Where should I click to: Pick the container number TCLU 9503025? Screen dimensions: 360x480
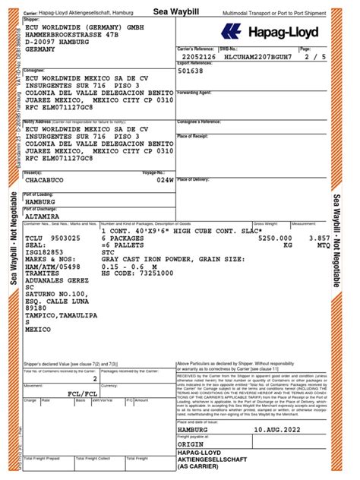coord(53,238)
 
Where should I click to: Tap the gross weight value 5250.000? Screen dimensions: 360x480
coord(276,238)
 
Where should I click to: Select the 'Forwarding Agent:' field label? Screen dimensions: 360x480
coord(195,92)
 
